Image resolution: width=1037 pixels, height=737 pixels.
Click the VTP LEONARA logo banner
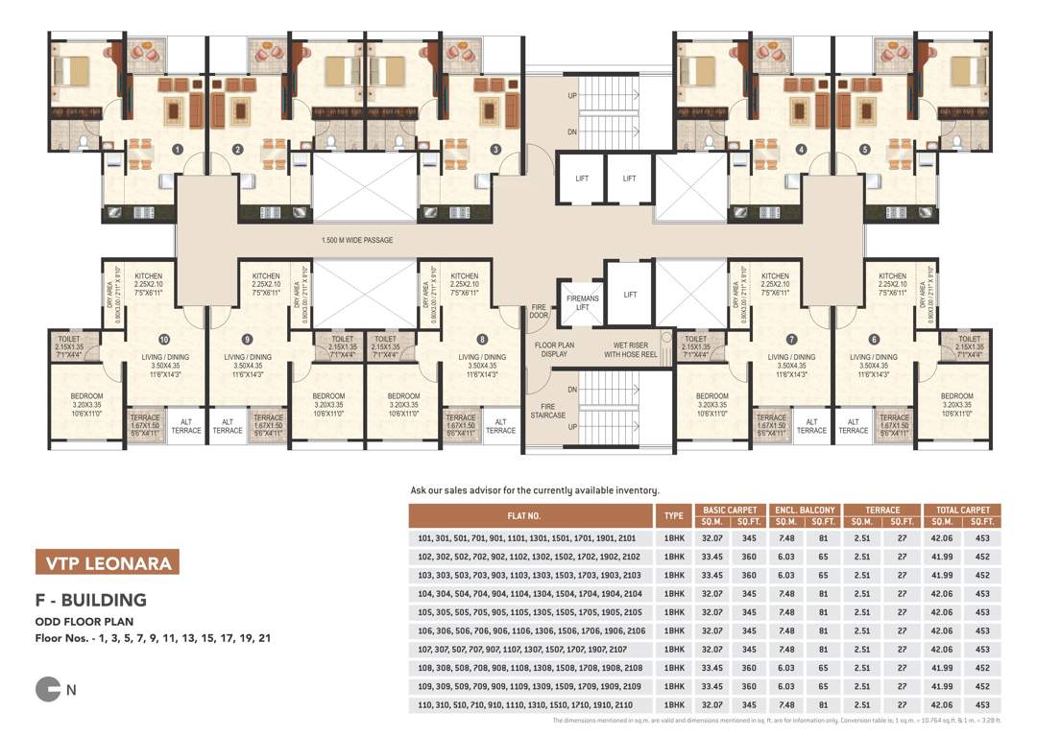(x=106, y=561)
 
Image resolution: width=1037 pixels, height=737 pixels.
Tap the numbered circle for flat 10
(x=165, y=339)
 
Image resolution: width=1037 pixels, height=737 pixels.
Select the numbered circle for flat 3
(x=495, y=149)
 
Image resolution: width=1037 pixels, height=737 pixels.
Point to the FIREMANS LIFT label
(x=582, y=303)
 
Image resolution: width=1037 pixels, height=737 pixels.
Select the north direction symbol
(x=47, y=689)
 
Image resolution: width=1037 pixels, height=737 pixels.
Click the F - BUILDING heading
(x=90, y=601)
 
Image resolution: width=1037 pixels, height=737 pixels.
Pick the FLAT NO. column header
(x=531, y=516)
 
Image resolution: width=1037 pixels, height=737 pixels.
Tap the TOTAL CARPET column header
(x=961, y=511)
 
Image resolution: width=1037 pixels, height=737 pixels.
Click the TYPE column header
(x=674, y=516)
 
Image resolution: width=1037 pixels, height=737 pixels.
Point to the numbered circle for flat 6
(x=874, y=339)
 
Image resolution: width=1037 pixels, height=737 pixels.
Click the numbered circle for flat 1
(x=178, y=149)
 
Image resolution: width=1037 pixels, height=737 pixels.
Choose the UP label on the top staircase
(x=572, y=96)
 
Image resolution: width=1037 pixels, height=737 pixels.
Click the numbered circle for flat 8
(x=482, y=339)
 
